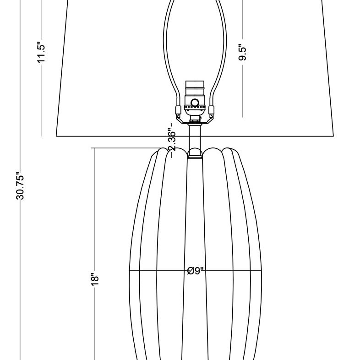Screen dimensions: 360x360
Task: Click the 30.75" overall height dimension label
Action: (x=20, y=186)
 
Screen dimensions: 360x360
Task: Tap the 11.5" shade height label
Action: (x=41, y=52)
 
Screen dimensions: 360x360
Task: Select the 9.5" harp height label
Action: (x=242, y=52)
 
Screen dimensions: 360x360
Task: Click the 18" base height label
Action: (x=95, y=279)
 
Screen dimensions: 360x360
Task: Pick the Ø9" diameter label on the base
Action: (x=196, y=271)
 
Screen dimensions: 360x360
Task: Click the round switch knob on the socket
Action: (x=195, y=102)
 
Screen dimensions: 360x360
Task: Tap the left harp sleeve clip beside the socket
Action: (x=178, y=110)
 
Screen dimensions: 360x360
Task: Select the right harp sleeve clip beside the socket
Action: (x=212, y=110)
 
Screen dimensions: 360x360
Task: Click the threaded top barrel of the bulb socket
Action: (x=195, y=88)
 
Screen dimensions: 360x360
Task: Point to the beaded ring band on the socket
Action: (x=195, y=107)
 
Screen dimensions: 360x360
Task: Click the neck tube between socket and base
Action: (x=195, y=137)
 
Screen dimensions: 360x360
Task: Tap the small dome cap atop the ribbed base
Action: (x=195, y=153)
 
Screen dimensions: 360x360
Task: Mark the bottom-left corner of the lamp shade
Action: (x=56, y=136)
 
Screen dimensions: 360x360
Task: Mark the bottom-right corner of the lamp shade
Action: (x=333, y=136)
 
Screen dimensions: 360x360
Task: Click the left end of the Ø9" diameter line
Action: (x=130, y=271)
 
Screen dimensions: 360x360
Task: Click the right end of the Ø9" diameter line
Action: (x=261, y=271)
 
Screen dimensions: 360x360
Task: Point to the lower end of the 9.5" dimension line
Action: (x=242, y=117)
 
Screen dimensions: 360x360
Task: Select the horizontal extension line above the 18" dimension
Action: (x=127, y=148)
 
